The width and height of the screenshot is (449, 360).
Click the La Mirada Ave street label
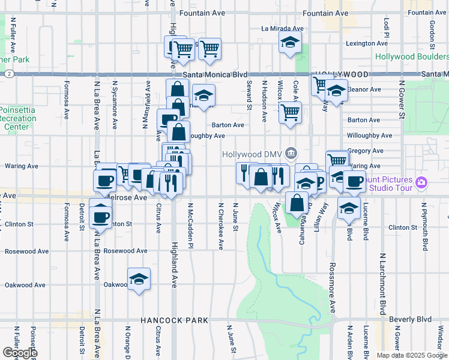tap(283, 28)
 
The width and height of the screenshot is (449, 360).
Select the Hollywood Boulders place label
tap(412, 57)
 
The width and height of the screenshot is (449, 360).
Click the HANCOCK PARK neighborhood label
tap(174, 321)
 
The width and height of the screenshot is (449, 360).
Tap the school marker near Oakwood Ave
tap(139, 279)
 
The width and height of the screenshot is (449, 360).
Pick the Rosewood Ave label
tap(125, 251)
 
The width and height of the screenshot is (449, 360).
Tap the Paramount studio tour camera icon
tap(421, 182)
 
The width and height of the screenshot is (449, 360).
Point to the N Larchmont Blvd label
tap(382, 284)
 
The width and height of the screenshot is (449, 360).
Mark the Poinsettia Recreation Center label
tap(18, 118)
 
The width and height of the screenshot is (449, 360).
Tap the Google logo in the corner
tap(19, 353)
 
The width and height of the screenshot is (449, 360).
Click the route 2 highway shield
tap(10, 74)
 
